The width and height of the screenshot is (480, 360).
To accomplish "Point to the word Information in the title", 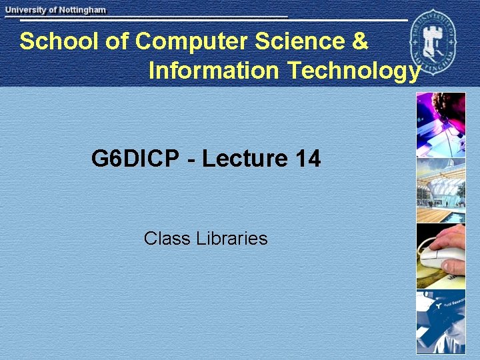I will pos(214,70).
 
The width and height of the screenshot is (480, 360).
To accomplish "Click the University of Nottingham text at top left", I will pos(56,10).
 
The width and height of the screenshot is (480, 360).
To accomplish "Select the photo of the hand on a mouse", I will pos(441,255).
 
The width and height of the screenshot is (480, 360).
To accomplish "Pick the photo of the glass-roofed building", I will pos(441,190).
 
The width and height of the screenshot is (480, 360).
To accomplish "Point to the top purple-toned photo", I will pos(441,124).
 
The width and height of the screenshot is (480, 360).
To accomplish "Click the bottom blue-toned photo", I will pos(441,321).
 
